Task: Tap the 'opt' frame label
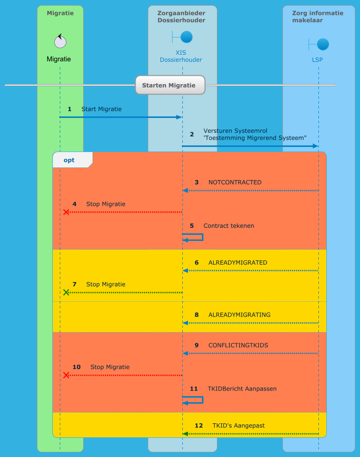tap(69, 160)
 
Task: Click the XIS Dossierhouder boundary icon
tap(183, 37)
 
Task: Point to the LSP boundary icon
tap(319, 44)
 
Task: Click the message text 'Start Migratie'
tap(101, 109)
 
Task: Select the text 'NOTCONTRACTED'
tap(235, 182)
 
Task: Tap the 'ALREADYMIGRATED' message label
tap(238, 262)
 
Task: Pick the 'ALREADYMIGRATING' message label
tap(239, 314)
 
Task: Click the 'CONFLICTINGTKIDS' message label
tap(238, 345)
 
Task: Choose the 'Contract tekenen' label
tap(229, 225)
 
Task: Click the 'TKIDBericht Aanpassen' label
tap(242, 389)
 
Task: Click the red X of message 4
tap(66, 212)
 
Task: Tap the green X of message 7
tap(66, 292)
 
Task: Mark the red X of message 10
tap(66, 375)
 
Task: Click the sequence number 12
tap(199, 426)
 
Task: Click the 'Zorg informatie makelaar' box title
tap(317, 16)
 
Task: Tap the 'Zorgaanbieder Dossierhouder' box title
tap(181, 16)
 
